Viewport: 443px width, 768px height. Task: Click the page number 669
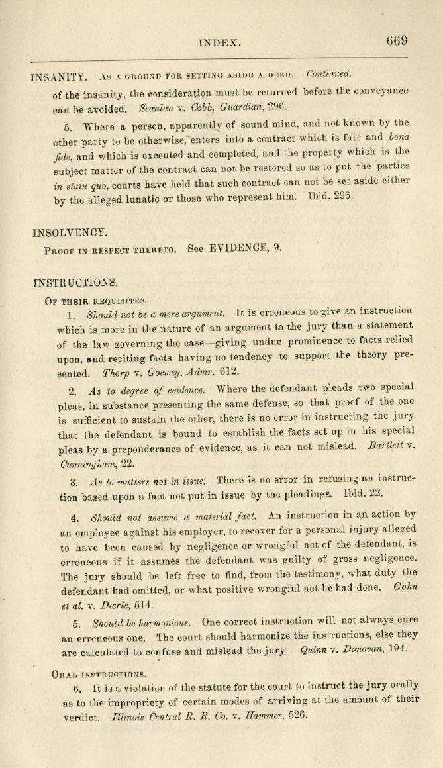397,40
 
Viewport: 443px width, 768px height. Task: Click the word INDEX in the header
219,42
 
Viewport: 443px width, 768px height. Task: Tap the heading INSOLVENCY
69,232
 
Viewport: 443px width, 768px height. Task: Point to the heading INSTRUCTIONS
75,283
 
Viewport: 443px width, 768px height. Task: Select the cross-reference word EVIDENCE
239,248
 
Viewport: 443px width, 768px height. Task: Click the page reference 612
229,372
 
